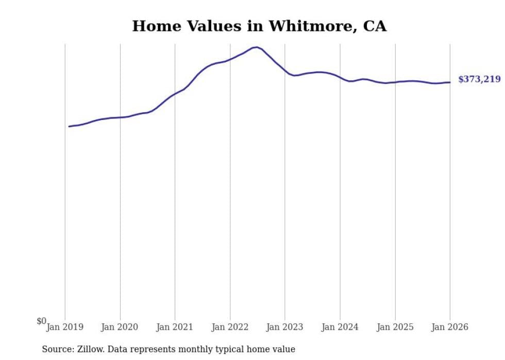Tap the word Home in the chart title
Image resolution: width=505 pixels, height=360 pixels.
pos(154,26)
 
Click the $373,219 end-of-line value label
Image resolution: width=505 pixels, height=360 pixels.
pos(479,79)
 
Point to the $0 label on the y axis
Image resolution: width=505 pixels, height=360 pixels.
pos(41,321)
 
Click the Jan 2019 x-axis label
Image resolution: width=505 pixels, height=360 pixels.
pos(65,327)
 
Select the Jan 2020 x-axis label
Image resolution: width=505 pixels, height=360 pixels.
pos(120,327)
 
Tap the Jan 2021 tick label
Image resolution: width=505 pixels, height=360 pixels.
pos(175,327)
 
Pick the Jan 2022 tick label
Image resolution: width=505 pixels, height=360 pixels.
pos(230,327)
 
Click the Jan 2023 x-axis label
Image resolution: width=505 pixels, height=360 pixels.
pos(284,327)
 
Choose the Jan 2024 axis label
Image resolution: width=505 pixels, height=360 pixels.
pos(340,327)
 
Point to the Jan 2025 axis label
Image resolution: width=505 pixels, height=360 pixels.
pos(395,327)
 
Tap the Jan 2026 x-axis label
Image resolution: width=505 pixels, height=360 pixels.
pos(450,327)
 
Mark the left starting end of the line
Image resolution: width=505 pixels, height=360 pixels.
pos(69,126)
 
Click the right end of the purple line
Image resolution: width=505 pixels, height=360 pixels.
pos(450,82)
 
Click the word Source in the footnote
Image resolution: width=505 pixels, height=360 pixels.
pos(57,349)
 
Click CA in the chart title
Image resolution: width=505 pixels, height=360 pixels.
pos(375,26)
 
